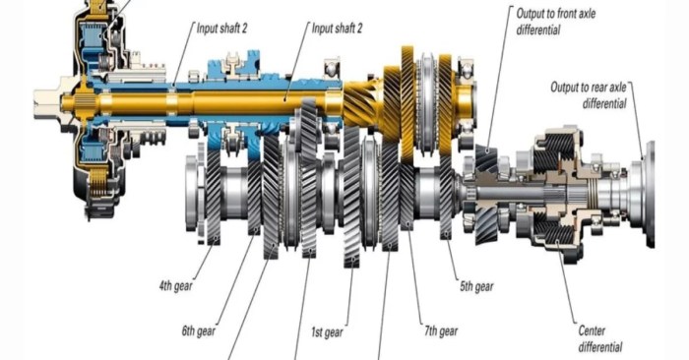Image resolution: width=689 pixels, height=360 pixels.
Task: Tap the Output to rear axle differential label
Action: point(590,94)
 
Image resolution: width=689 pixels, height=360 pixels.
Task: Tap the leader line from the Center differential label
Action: point(567,285)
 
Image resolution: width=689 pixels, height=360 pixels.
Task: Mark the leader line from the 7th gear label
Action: point(414,285)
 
